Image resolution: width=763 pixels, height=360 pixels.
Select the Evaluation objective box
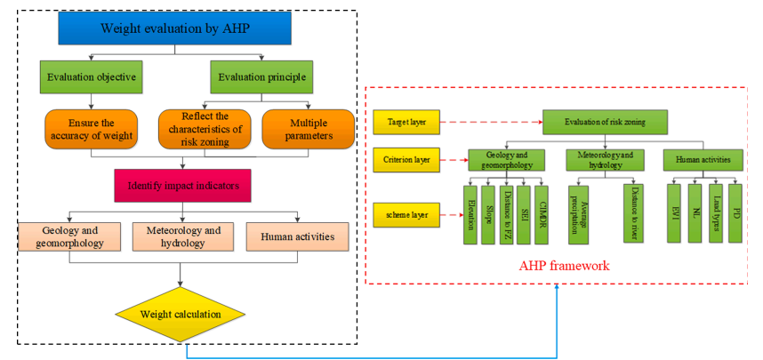point(92,76)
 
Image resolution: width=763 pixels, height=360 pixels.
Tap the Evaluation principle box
point(263,76)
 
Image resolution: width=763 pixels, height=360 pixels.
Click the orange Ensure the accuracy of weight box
point(92,128)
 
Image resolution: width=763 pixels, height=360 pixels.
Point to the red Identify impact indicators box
point(183,186)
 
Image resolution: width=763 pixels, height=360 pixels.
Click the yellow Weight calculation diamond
point(183,313)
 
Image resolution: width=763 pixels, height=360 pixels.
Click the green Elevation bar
point(470,213)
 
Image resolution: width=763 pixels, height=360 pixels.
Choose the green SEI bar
point(524,213)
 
